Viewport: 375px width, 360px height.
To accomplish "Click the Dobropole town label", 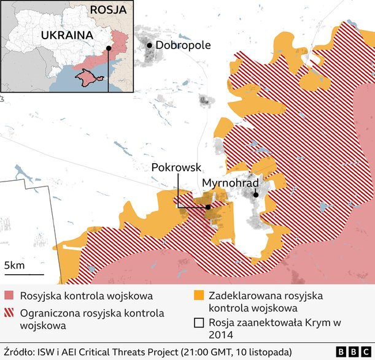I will (x=183, y=45).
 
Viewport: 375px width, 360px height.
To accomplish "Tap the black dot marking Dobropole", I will (x=149, y=45).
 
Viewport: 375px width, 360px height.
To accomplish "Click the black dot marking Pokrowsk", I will (x=208, y=207).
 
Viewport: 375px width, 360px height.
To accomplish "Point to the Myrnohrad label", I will (x=230, y=183).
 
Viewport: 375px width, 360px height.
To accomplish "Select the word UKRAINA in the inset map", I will (x=67, y=36).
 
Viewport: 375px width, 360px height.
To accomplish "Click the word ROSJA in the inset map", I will (x=108, y=10).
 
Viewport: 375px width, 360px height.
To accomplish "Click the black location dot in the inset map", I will (x=108, y=48).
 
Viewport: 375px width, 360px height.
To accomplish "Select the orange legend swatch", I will (x=199, y=296).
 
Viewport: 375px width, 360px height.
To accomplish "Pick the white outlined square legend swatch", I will (x=199, y=323).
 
